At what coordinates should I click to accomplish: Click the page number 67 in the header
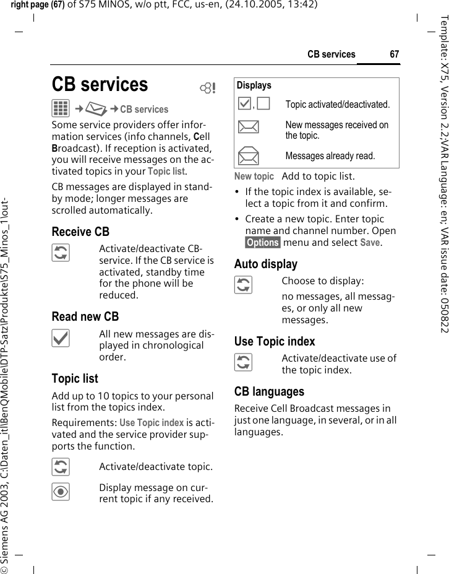click(x=394, y=54)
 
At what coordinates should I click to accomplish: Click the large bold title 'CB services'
click(x=100, y=84)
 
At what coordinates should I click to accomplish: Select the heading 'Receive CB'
click(x=80, y=232)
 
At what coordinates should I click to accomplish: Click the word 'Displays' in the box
click(x=254, y=85)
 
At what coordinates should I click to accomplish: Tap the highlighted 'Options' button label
click(x=263, y=243)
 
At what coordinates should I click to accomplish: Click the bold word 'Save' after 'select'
click(x=370, y=243)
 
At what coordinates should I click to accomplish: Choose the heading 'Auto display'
click(x=266, y=264)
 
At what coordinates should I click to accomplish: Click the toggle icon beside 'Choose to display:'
click(x=244, y=285)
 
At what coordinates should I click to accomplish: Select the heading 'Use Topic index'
click(x=275, y=341)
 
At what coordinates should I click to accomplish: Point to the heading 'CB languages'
click(x=269, y=391)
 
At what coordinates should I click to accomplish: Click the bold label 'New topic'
click(x=254, y=177)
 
